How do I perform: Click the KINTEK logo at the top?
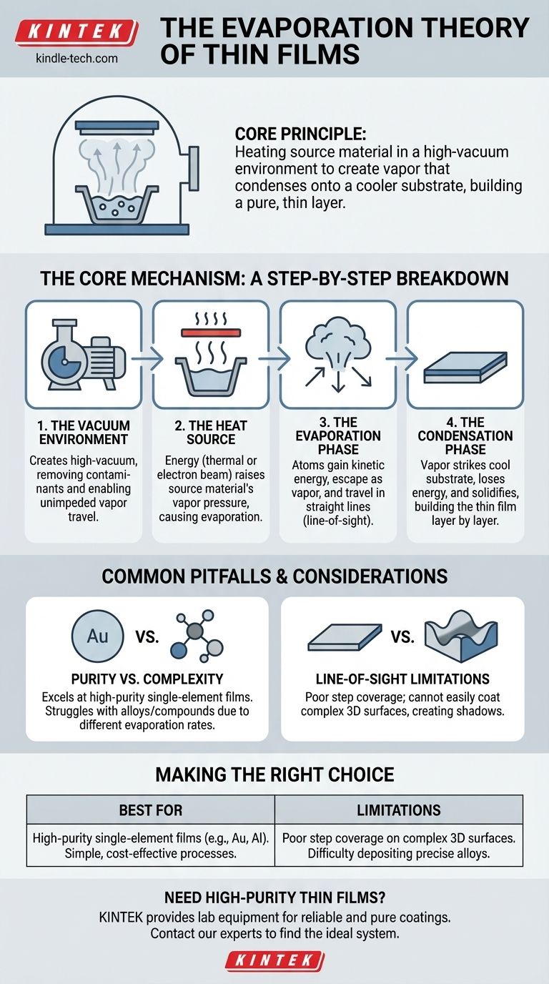pyautogui.click(x=77, y=32)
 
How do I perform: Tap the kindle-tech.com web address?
pyautogui.click(x=77, y=58)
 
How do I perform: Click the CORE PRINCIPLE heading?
pyautogui.click(x=300, y=134)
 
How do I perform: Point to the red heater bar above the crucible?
pyautogui.click(x=211, y=333)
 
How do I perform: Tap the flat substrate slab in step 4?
pyautogui.click(x=465, y=368)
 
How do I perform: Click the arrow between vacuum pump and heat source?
pyautogui.click(x=147, y=358)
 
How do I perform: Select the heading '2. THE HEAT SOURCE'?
pyautogui.click(x=211, y=432)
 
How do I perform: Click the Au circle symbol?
pyautogui.click(x=97, y=636)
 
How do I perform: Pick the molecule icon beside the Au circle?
pyautogui.click(x=197, y=636)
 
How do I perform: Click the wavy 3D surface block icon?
pyautogui.click(x=461, y=636)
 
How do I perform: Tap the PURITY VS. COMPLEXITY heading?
pyautogui.click(x=147, y=679)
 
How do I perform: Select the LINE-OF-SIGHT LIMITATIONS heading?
pyautogui.click(x=402, y=679)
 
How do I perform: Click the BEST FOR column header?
pyautogui.click(x=151, y=810)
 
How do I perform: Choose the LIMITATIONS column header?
pyautogui.click(x=399, y=810)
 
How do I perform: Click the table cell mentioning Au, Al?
pyautogui.click(x=151, y=845)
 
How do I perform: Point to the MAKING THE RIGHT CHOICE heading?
pyautogui.click(x=274, y=774)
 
